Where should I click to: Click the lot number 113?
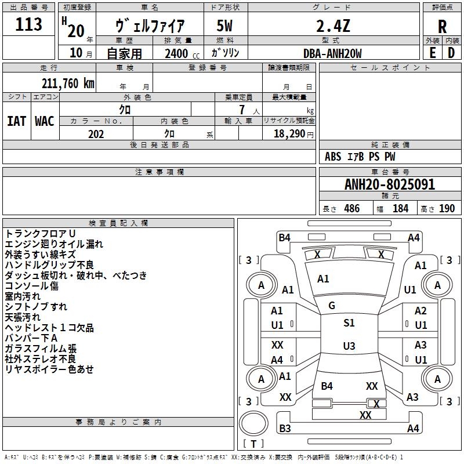coord(28,24)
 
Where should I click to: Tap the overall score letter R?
coord(442,27)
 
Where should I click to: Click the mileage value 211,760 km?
coord(68,83)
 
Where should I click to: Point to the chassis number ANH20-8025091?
coord(389,184)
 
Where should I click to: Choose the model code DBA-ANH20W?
coord(332,53)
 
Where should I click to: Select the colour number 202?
coord(96,134)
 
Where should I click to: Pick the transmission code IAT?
coord(16,121)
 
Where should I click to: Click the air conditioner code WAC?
coord(44,121)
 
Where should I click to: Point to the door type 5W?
coord(225,26)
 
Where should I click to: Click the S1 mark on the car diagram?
coord(349,323)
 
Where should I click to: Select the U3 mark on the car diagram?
coord(349,346)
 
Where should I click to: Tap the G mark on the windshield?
coord(332,306)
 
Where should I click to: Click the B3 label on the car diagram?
coord(285,429)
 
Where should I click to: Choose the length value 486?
coord(351,209)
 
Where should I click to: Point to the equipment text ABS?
coord(333,157)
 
